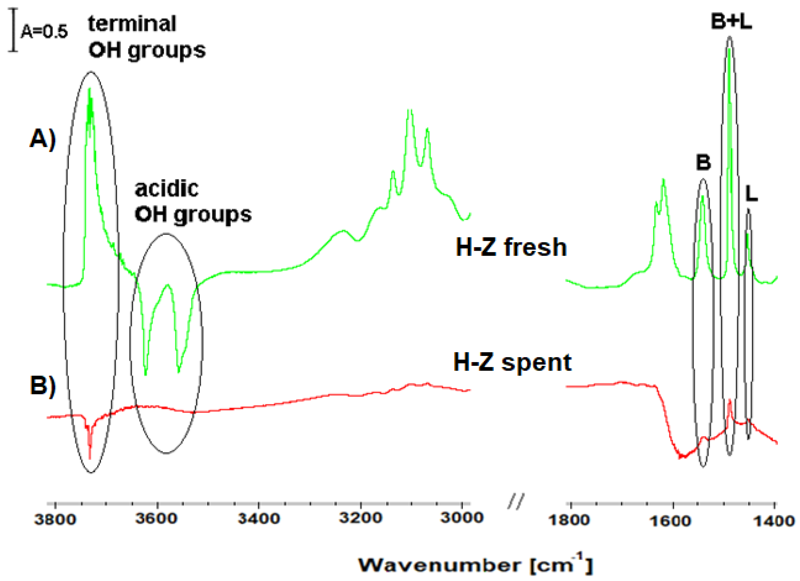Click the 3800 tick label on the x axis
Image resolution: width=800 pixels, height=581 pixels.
55,519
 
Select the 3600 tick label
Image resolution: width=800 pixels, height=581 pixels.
157,519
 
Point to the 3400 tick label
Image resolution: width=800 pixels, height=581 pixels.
259,519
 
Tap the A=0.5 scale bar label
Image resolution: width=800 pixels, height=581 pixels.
44,32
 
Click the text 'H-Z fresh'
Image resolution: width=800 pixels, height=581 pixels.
511,247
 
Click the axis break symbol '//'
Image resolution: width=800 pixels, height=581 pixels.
516,501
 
